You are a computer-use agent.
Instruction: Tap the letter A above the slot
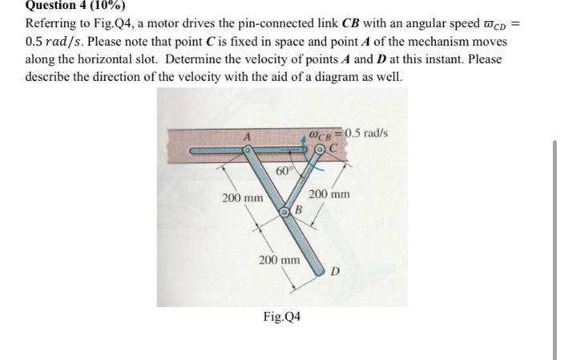point(248,137)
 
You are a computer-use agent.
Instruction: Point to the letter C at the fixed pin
point(331,148)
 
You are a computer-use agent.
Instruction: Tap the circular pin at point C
point(320,149)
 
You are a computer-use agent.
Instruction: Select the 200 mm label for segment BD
point(278,260)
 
